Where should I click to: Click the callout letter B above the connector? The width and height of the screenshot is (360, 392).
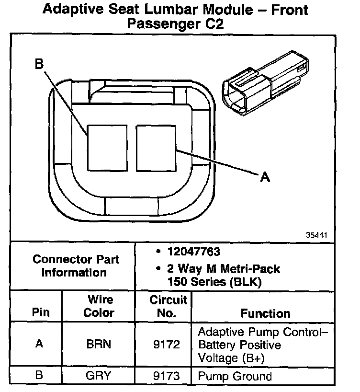[39, 64]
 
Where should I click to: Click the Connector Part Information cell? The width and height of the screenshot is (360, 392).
[76, 266]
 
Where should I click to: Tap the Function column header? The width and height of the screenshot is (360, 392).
[265, 313]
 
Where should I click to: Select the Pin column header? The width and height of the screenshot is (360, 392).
[40, 313]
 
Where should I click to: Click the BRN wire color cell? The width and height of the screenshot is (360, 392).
[99, 345]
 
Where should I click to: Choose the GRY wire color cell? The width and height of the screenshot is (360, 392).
[99, 376]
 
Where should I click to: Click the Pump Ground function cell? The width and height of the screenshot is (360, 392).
[235, 376]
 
